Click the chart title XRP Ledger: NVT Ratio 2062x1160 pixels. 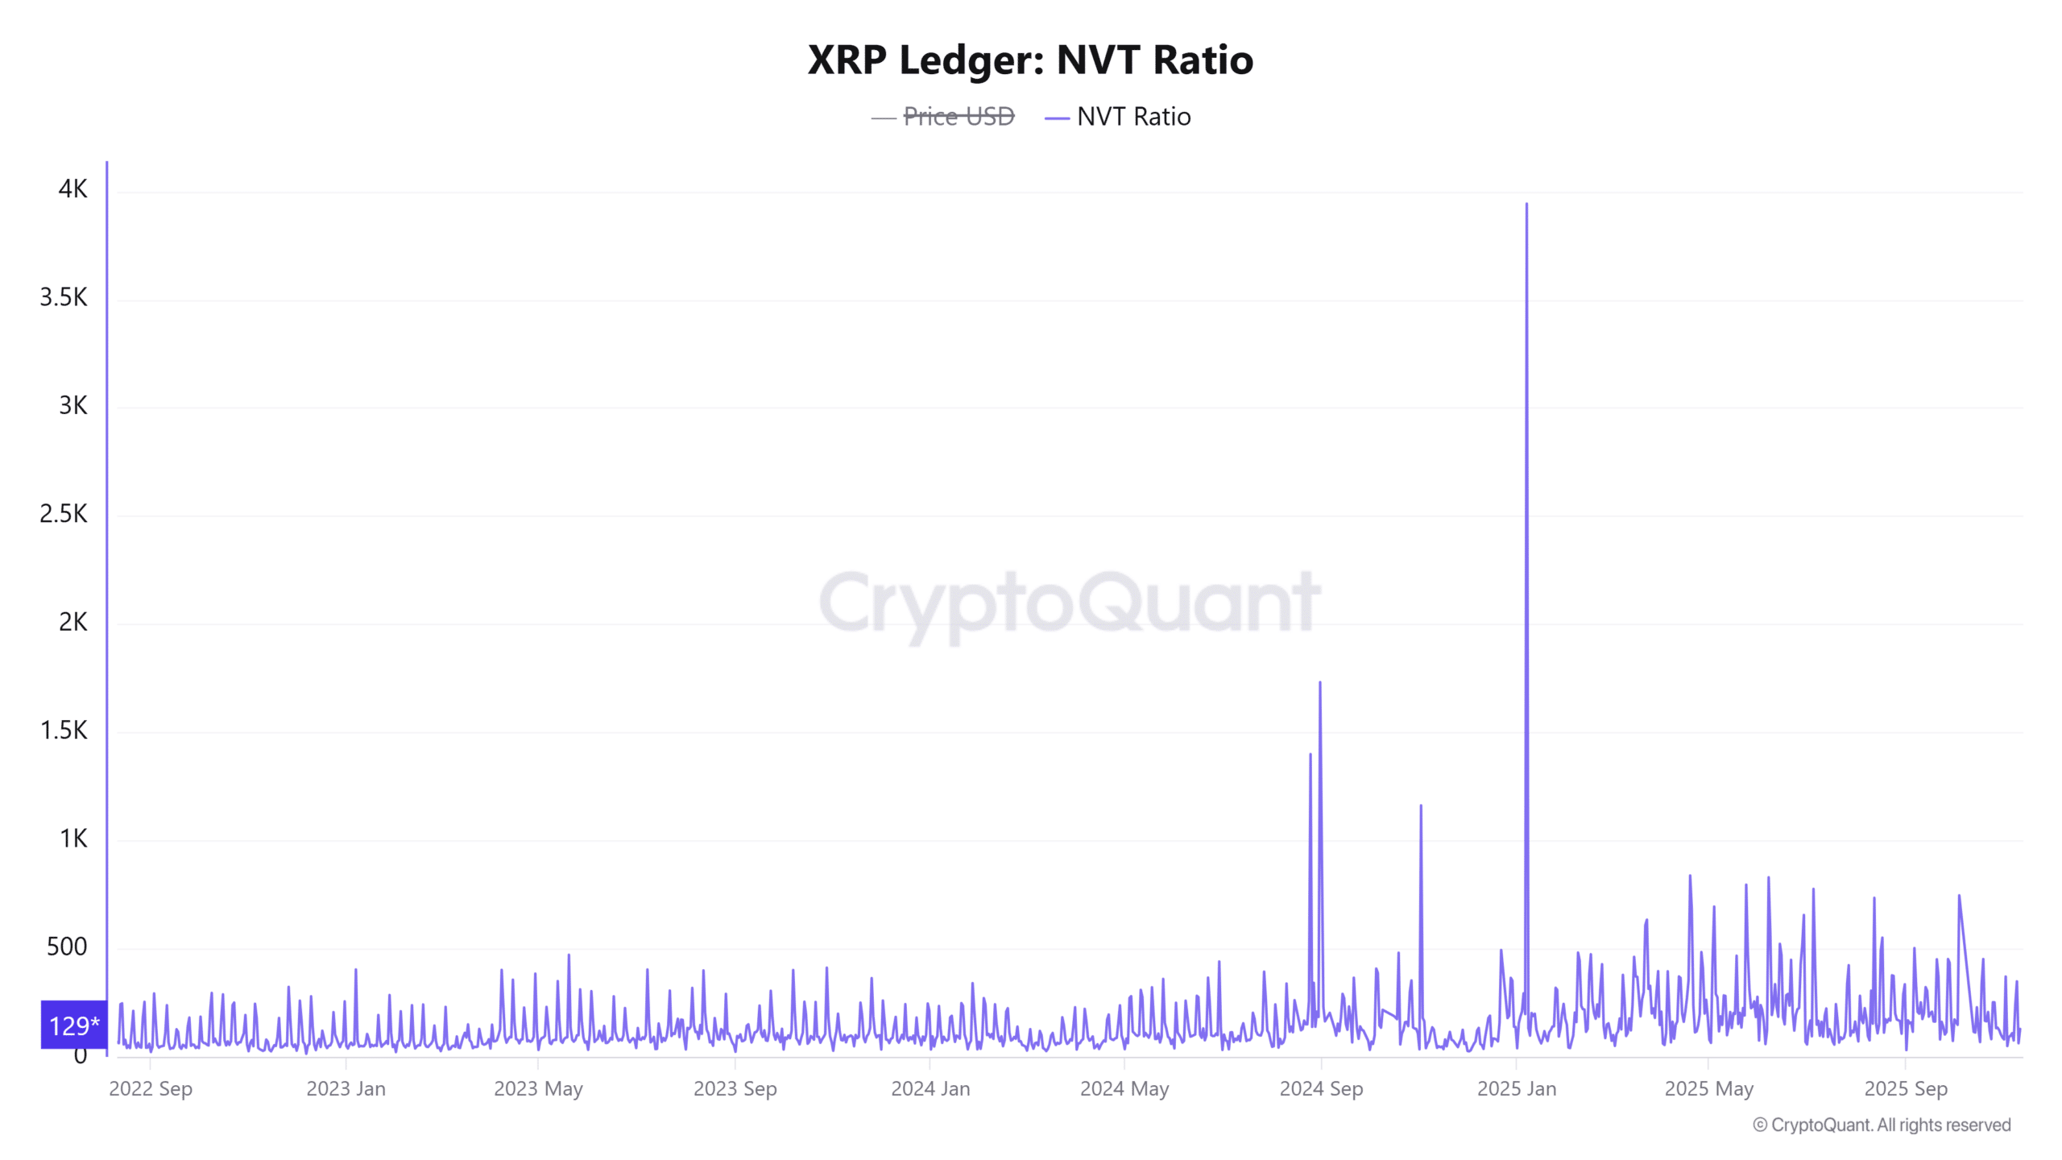tap(1030, 60)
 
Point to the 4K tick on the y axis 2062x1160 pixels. tap(72, 189)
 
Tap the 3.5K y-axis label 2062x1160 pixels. tap(64, 297)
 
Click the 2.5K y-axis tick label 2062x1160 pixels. tap(64, 514)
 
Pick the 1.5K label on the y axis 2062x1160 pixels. tap(64, 731)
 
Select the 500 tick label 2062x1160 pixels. tap(67, 947)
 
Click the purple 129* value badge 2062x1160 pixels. tap(74, 1025)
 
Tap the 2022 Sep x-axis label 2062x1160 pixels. tap(151, 1089)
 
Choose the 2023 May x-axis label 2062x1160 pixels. tap(538, 1089)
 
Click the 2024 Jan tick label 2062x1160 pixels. tap(930, 1089)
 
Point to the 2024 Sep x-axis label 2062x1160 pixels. tap(1321, 1089)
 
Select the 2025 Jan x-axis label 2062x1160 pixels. tap(1517, 1089)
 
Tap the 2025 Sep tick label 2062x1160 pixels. tap(1906, 1089)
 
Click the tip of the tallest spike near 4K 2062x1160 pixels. tap(1526, 205)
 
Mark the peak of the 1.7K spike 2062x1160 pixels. tap(1319, 683)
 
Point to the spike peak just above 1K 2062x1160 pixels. tap(1421, 806)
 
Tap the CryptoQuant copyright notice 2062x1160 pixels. tap(1882, 1125)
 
